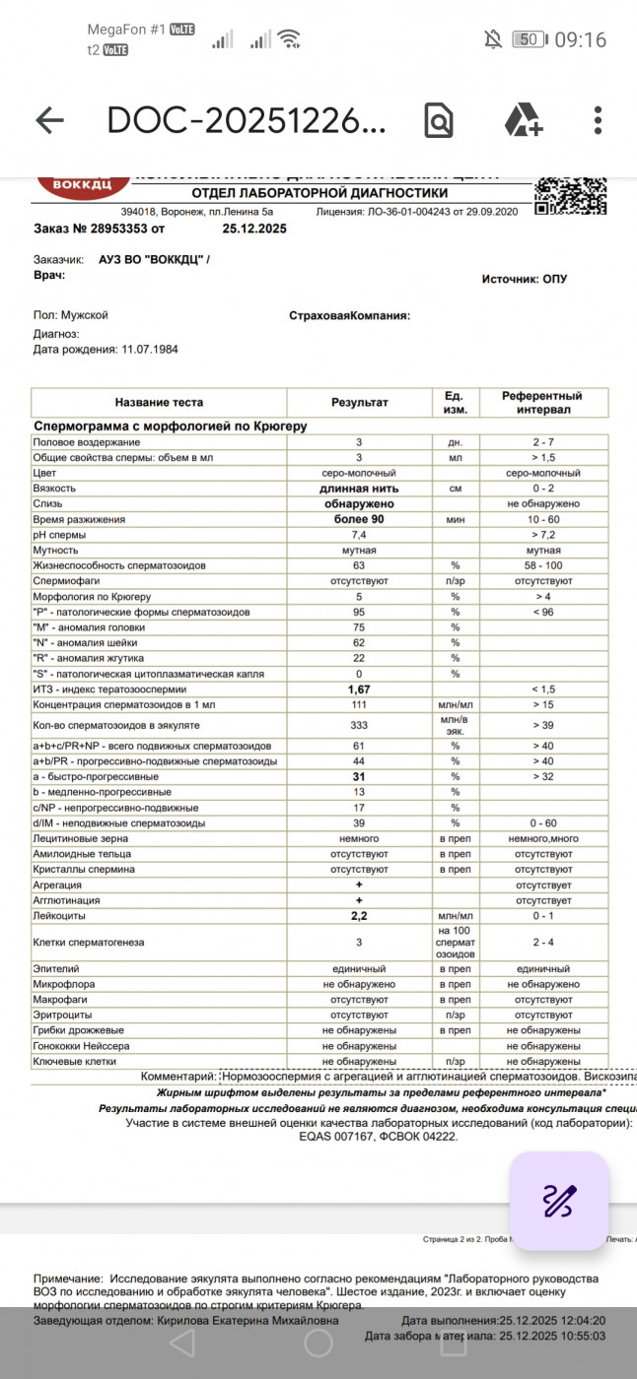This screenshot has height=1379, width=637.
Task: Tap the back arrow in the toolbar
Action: click(49, 120)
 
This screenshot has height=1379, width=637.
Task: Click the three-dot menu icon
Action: click(598, 120)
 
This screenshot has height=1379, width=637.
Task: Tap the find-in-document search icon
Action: click(438, 120)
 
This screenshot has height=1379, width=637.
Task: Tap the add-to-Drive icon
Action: click(523, 120)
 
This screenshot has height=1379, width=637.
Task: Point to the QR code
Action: click(570, 195)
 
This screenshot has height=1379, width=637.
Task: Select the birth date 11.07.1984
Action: click(149, 349)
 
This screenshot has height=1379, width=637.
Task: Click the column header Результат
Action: click(359, 402)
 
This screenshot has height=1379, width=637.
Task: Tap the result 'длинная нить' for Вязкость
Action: click(359, 489)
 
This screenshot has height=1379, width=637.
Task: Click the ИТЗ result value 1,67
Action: click(359, 689)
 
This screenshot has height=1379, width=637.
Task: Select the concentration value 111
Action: click(359, 705)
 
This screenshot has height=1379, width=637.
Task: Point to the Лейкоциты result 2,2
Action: click(359, 916)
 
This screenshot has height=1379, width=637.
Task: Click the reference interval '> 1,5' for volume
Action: click(542, 458)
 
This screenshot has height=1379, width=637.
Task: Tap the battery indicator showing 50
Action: click(528, 39)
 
